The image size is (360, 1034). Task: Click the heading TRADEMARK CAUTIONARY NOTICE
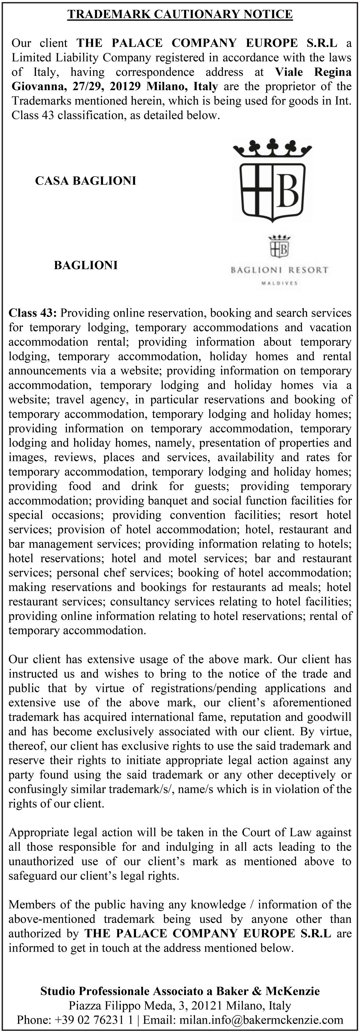[x=180, y=14]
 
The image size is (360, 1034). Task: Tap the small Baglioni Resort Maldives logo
[x=279, y=260]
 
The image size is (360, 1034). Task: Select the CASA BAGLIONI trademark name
[x=86, y=181]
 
